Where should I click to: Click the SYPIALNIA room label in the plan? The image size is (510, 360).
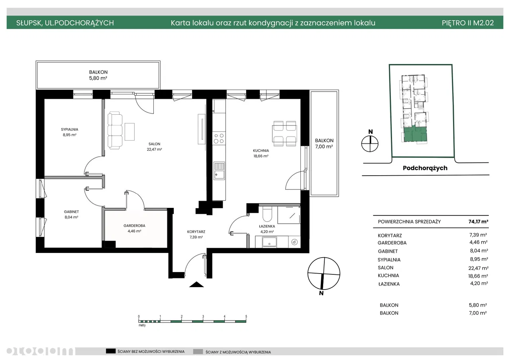point(69,129)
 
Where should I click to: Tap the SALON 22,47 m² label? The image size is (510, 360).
point(154,147)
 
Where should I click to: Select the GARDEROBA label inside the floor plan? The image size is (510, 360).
point(134,226)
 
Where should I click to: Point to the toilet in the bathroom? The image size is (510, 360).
point(267,214)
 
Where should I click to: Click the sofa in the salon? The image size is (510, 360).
point(115,130)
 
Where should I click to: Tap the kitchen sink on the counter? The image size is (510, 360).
point(219,171)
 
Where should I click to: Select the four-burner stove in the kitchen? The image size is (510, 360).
point(219,138)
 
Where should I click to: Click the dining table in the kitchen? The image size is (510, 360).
point(284,133)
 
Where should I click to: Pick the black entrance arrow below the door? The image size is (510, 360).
point(196,284)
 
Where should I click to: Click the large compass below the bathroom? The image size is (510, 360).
point(324,273)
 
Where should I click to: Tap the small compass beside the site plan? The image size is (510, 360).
point(370,144)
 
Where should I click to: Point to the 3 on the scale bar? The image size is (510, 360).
point(203,316)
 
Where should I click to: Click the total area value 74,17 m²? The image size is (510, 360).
point(479,221)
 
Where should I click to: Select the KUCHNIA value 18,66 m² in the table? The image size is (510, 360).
point(478,276)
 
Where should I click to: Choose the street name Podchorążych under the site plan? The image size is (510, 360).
point(425,168)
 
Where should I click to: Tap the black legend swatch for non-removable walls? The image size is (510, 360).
point(111,351)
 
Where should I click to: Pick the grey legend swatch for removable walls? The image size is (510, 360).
point(198,352)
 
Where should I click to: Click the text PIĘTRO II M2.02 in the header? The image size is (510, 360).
point(468,23)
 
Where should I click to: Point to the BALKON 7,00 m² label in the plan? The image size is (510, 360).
point(324,144)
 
